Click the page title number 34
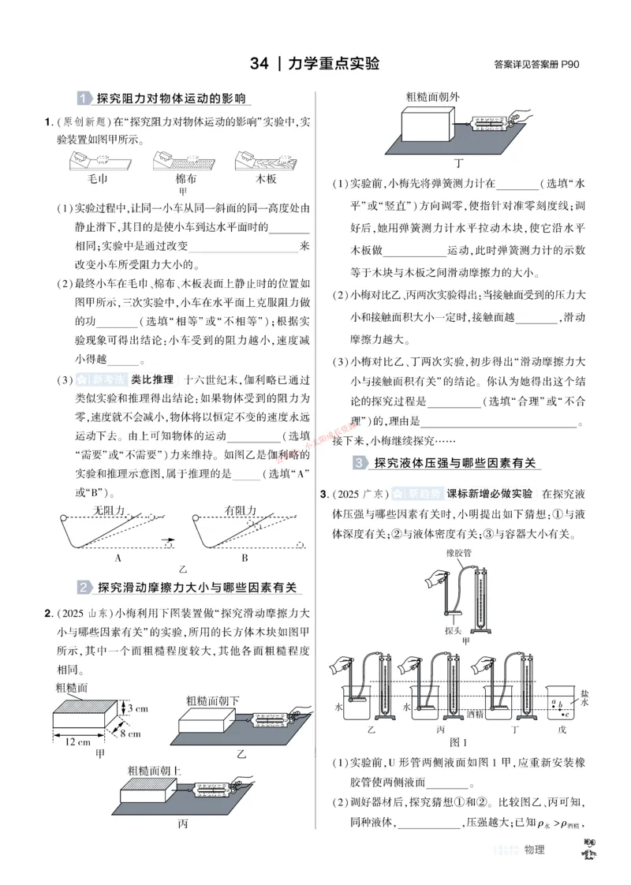point(259,64)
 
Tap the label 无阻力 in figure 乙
point(110,510)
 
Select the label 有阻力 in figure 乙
point(241,510)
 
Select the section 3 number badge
point(360,463)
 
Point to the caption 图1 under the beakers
point(458,742)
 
